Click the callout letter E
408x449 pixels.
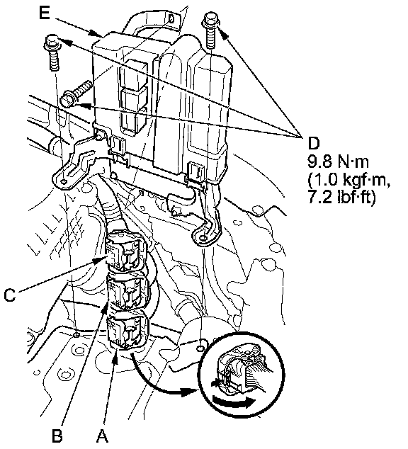(45, 13)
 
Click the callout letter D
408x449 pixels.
(313, 143)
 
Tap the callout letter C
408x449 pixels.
(10, 295)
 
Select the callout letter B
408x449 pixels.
(57, 436)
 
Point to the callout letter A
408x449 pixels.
(102, 436)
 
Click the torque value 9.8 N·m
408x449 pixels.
(338, 161)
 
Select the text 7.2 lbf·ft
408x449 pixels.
(341, 198)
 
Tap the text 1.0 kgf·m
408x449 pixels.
(348, 180)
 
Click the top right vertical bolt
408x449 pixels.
(210, 30)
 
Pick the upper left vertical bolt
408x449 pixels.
(52, 52)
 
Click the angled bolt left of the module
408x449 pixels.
(76, 94)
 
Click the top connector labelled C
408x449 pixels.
(125, 250)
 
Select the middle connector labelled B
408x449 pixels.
(127, 292)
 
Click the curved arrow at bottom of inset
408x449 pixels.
(233, 402)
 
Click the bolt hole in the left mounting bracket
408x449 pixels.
(64, 181)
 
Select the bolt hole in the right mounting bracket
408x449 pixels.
(203, 238)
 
